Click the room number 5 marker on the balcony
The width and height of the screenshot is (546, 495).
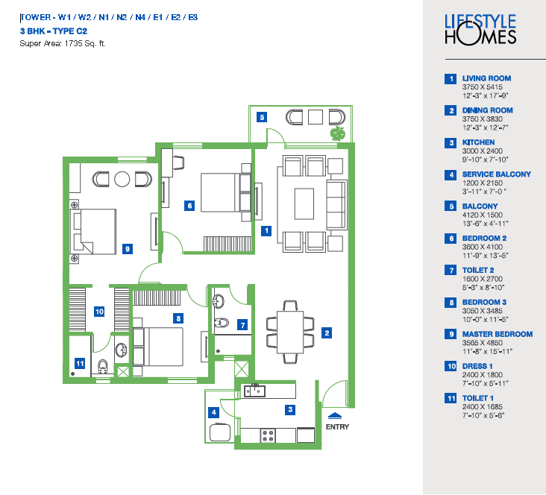(x=262, y=117)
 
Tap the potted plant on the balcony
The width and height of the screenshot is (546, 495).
(x=337, y=134)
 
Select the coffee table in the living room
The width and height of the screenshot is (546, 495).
(x=304, y=204)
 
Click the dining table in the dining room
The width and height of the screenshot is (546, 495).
(x=290, y=332)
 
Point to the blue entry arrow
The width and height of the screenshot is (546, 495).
(x=335, y=416)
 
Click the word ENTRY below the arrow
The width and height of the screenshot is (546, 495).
(x=337, y=426)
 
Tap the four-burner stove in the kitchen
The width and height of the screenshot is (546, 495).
(x=268, y=435)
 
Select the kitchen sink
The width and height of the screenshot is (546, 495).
(x=254, y=391)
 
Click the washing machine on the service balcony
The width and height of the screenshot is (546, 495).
(x=220, y=432)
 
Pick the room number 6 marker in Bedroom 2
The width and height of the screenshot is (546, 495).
(x=189, y=206)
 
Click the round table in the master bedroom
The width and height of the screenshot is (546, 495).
(x=122, y=179)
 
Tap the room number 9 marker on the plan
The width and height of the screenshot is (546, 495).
(x=128, y=249)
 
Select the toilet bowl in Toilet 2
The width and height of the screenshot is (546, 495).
(x=221, y=323)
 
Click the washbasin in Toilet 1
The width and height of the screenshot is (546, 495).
(x=121, y=350)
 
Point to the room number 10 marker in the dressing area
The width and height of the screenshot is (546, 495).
(x=99, y=312)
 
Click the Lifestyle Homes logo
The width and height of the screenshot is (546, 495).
(x=480, y=30)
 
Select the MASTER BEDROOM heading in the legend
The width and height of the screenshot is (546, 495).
(x=498, y=334)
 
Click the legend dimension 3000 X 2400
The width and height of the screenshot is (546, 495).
(x=483, y=151)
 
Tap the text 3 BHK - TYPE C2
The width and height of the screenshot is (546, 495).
(x=54, y=31)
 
